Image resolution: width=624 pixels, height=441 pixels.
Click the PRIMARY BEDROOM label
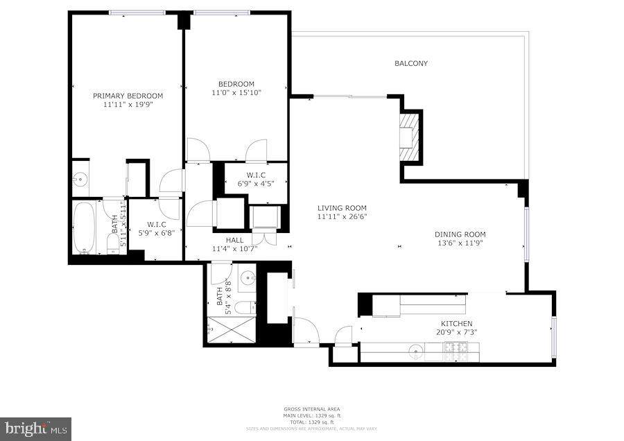[128, 96]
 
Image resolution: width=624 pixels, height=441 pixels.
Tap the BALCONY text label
[411, 63]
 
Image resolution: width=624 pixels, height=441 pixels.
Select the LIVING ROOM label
[342, 208]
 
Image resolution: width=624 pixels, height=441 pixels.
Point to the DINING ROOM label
[460, 234]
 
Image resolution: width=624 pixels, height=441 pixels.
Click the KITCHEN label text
[457, 324]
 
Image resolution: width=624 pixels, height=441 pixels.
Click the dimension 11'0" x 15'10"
[236, 92]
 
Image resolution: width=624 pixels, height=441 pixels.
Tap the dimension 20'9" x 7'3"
[457, 333]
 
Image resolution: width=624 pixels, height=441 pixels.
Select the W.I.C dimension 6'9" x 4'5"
[246, 184]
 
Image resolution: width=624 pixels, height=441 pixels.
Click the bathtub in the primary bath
[85, 227]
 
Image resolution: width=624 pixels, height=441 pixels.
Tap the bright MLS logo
[35, 429]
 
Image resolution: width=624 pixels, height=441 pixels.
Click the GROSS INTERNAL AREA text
[311, 409]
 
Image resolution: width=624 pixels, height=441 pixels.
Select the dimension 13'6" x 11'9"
[460, 243]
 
